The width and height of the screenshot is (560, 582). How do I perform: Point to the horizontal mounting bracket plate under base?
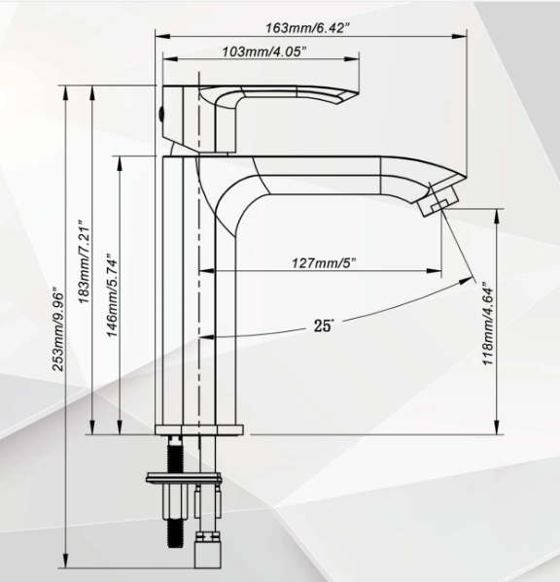[x=184, y=477]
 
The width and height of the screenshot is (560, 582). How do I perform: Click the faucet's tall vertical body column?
[x=184, y=291]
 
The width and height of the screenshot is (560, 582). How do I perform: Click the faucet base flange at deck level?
[x=199, y=430]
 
